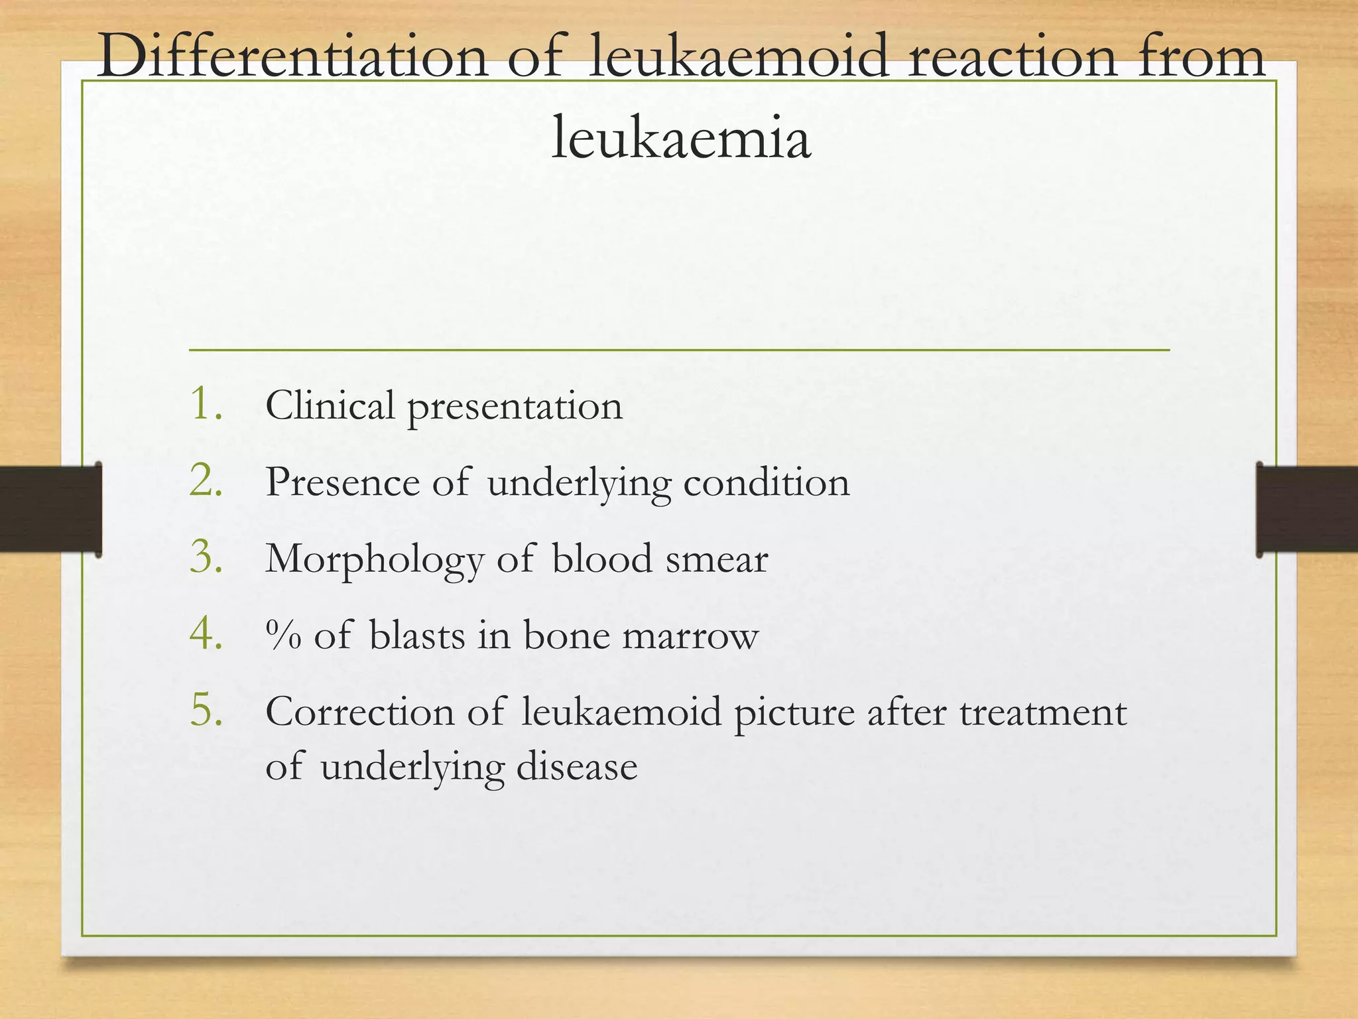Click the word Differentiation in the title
(292, 58)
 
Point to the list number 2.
(206, 480)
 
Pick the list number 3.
(206, 557)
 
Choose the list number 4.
(206, 634)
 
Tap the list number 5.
(206, 711)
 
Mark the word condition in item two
(766, 482)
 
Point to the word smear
(717, 559)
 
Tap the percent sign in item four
(283, 635)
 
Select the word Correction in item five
(359, 713)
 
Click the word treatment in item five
(1043, 713)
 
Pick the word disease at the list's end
(577, 767)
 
